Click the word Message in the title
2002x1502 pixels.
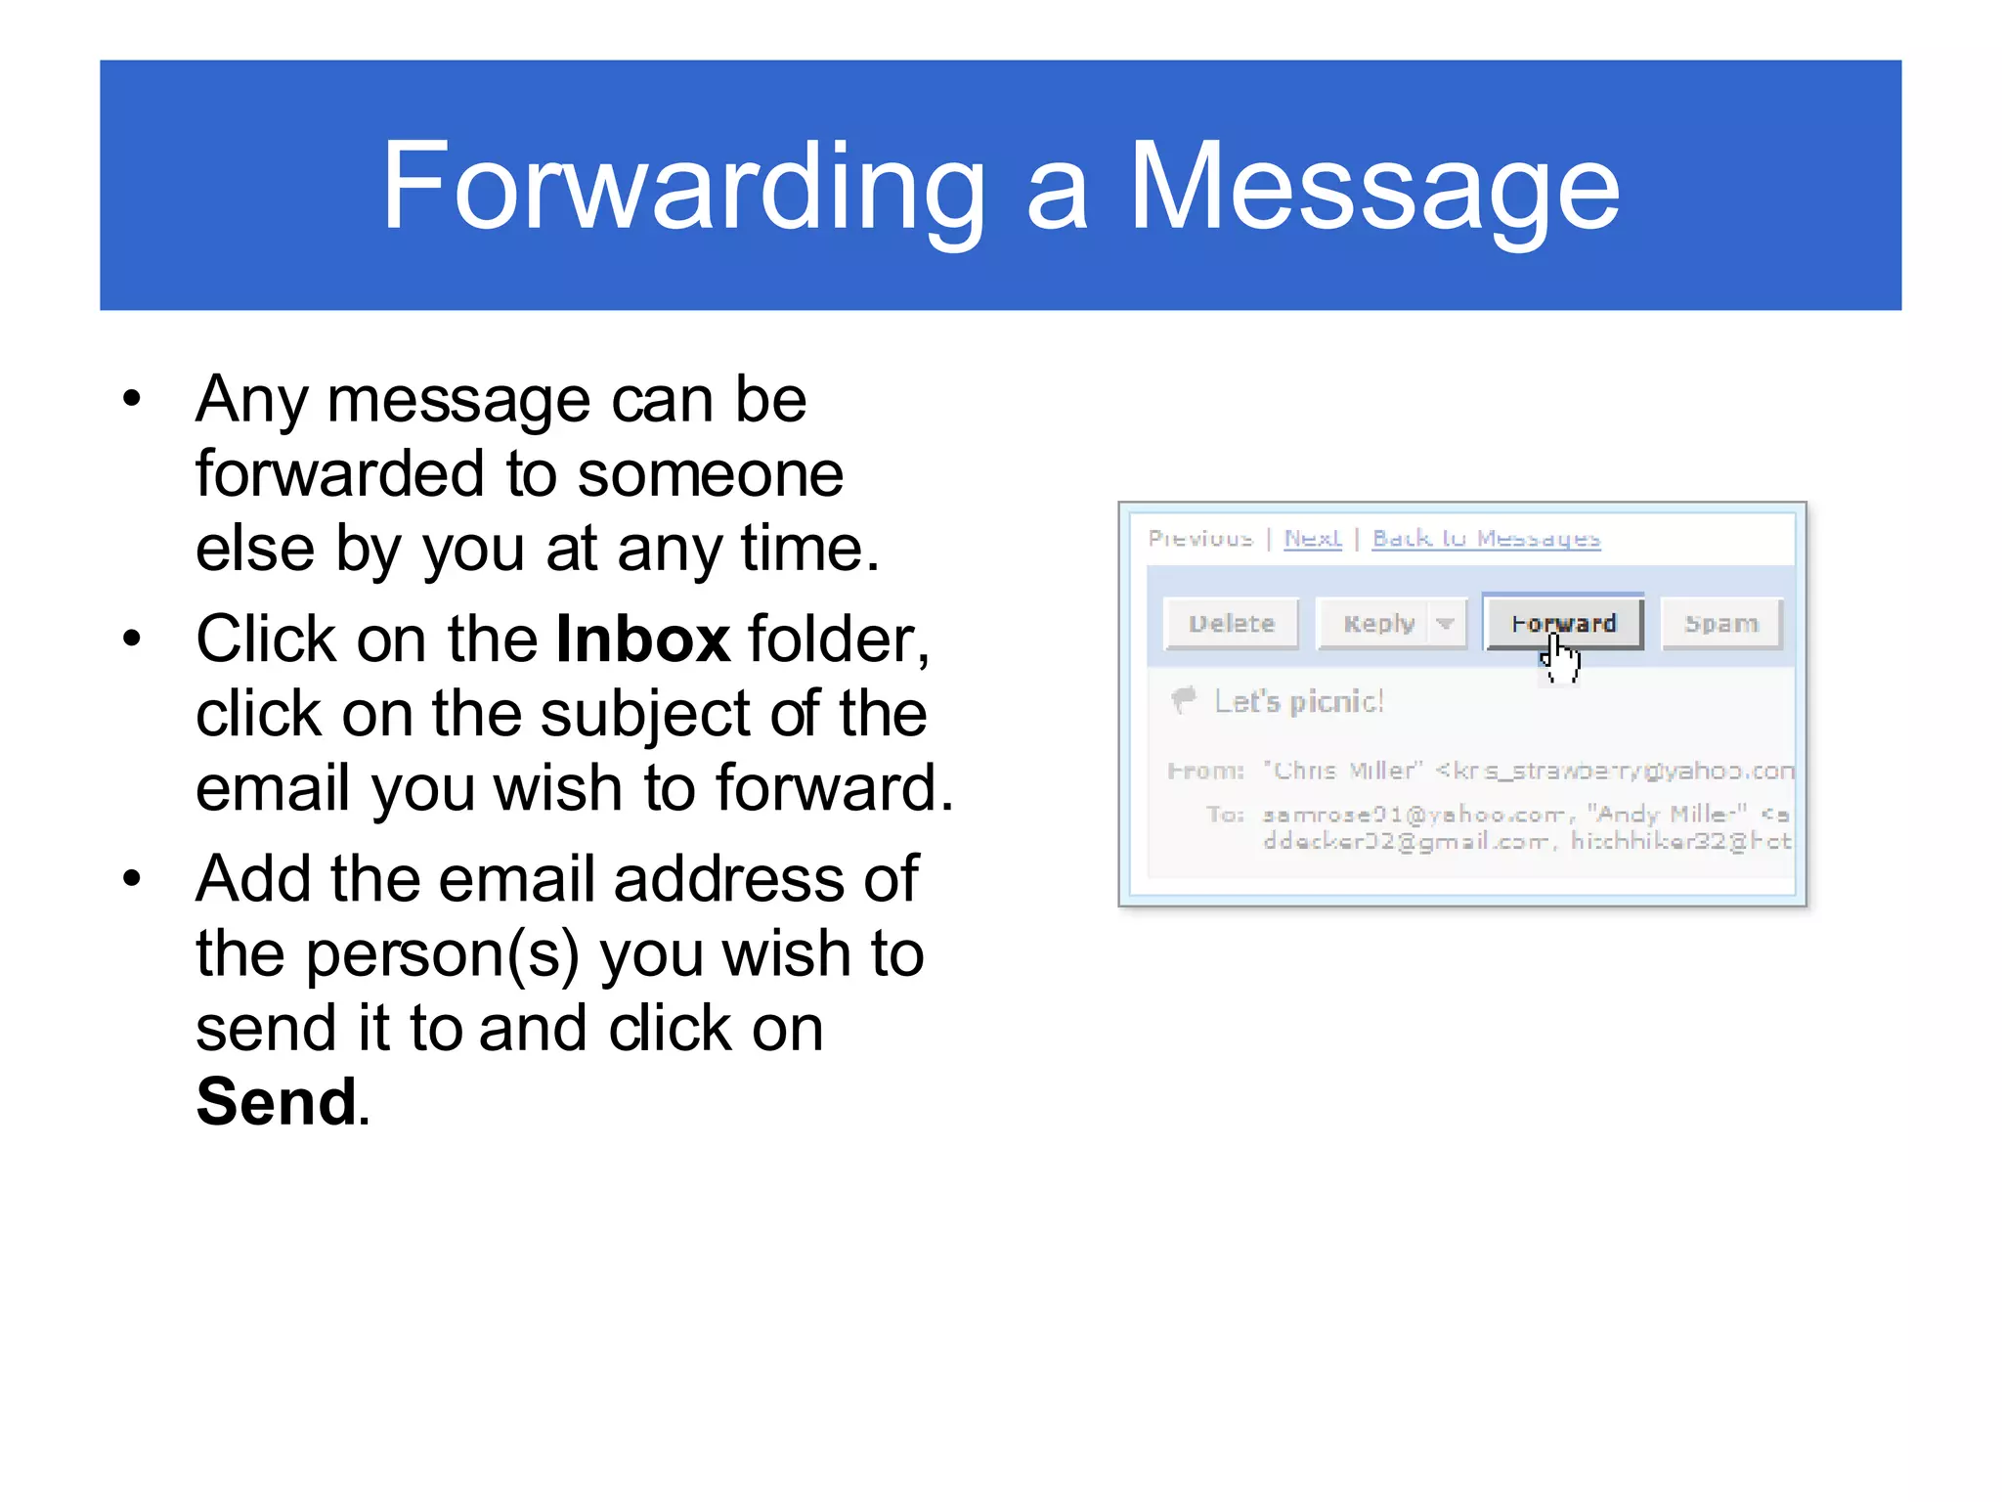click(1374, 186)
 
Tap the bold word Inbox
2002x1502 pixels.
click(642, 640)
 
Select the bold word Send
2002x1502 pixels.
click(277, 1101)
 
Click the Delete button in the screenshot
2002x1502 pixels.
click(1232, 624)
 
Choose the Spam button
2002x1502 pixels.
click(1721, 624)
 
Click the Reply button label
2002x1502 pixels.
click(1378, 624)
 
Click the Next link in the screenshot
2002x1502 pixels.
click(1313, 538)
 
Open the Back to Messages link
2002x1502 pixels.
click(1486, 538)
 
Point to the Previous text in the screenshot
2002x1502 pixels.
click(1200, 538)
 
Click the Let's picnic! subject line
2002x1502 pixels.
click(1299, 701)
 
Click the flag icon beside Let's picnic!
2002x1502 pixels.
click(1184, 699)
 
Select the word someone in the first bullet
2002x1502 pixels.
click(710, 474)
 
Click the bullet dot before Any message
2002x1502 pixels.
click(133, 399)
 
